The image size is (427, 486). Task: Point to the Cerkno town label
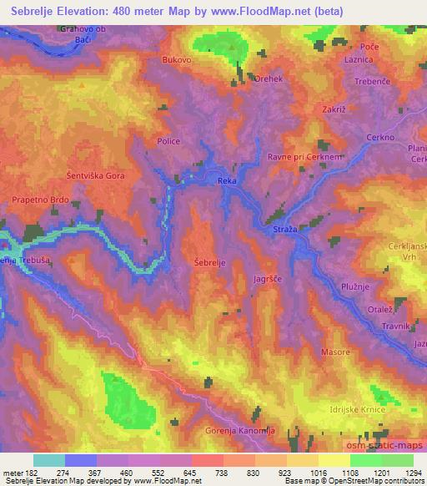pos(380,138)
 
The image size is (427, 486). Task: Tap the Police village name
pos(169,142)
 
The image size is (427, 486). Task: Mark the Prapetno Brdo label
pos(39,200)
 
